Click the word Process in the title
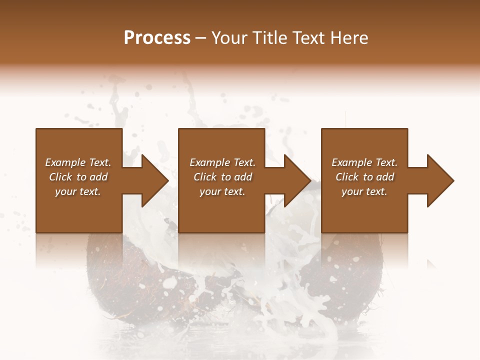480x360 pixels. click(x=157, y=38)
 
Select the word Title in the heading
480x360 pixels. click(x=269, y=38)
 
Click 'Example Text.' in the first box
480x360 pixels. click(x=78, y=162)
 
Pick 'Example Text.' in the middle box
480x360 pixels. click(x=222, y=162)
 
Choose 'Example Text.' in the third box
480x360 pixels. click(x=364, y=162)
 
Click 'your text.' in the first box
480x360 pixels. click(x=78, y=191)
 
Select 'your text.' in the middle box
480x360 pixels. click(x=222, y=191)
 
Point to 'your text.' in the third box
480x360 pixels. click(x=364, y=191)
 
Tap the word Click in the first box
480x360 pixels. click(x=60, y=177)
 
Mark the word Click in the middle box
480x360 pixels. click(x=205, y=177)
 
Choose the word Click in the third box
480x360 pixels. click(x=347, y=177)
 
